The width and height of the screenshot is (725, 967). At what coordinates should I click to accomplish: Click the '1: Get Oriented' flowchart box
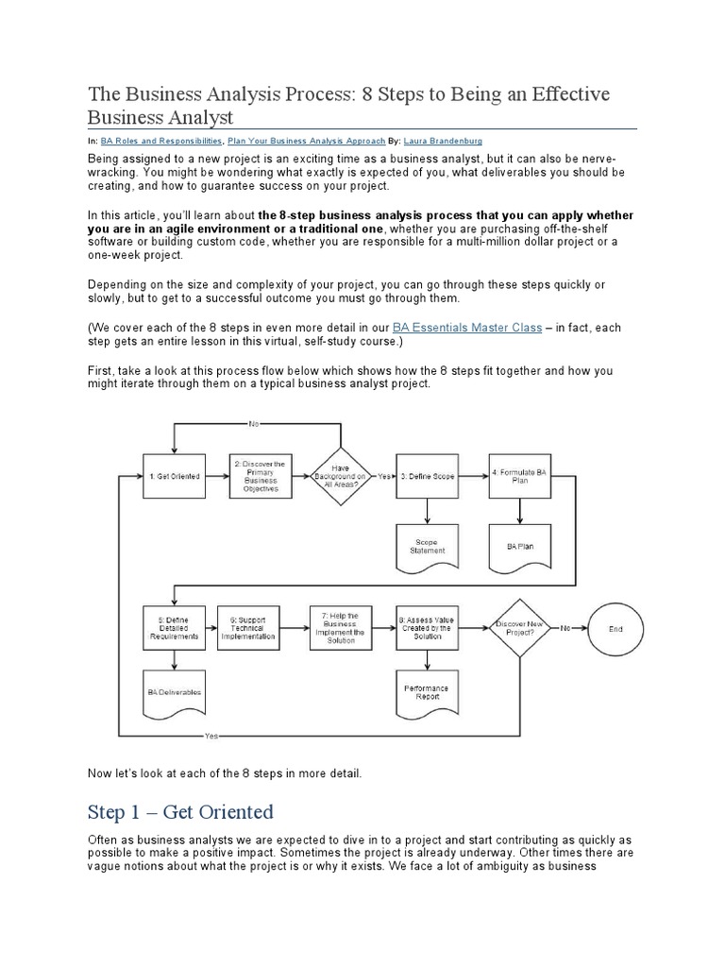click(x=173, y=476)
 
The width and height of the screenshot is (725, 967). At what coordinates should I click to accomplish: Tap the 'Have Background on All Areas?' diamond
click(x=341, y=477)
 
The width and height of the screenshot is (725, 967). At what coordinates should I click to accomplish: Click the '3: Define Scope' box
click(x=428, y=476)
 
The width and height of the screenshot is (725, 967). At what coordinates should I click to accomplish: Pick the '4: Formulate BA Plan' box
click(x=518, y=476)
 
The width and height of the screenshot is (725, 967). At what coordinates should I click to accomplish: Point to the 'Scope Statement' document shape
click(x=428, y=545)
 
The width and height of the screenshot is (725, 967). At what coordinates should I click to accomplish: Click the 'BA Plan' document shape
click(x=518, y=545)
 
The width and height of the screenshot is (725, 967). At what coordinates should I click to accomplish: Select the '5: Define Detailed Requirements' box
click(x=173, y=628)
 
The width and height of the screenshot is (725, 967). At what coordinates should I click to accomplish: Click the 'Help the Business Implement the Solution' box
click(x=340, y=628)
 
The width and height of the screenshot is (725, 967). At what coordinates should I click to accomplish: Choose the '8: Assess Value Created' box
click(x=427, y=628)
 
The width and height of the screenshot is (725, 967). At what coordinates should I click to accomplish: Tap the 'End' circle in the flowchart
click(x=615, y=628)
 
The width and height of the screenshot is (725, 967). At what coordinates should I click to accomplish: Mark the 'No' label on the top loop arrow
click(x=253, y=424)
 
